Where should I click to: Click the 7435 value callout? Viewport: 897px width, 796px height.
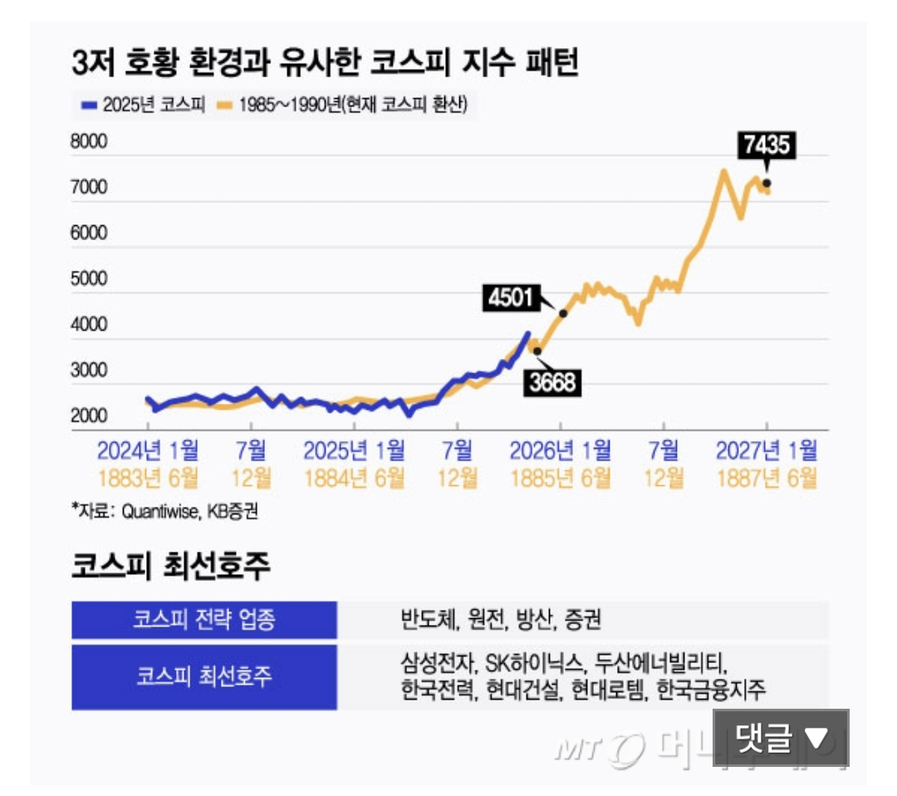[767, 147]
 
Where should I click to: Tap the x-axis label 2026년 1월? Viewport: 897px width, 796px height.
[561, 451]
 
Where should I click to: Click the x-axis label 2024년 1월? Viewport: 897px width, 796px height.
[148, 451]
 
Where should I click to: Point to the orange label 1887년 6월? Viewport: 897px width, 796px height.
[767, 479]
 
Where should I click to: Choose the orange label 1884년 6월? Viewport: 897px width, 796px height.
[355, 479]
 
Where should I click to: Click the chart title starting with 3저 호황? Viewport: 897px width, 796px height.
[325, 64]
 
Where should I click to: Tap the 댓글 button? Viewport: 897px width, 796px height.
[781, 738]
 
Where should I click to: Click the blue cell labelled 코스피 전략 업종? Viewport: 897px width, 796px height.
[204, 620]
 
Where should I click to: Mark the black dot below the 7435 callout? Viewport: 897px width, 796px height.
[767, 183]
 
